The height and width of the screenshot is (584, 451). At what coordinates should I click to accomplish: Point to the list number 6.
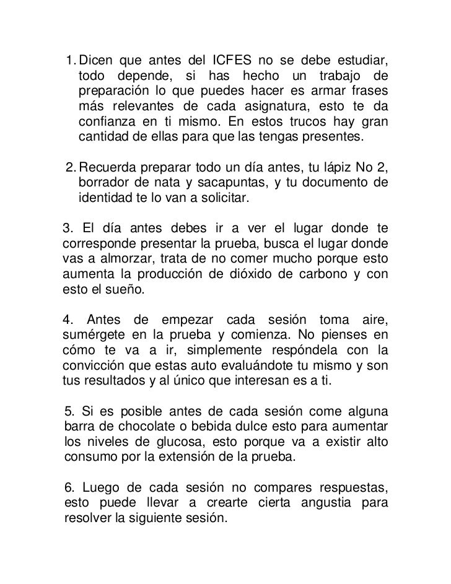tap(69, 488)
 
